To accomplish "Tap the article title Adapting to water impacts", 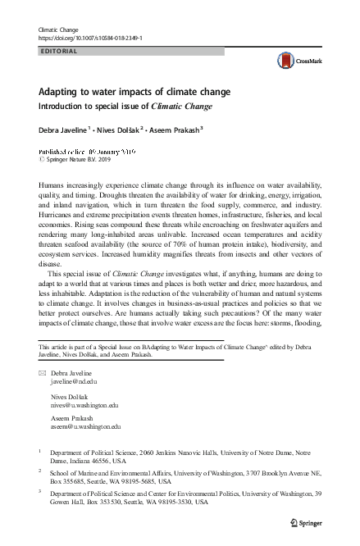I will point(135,91).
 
